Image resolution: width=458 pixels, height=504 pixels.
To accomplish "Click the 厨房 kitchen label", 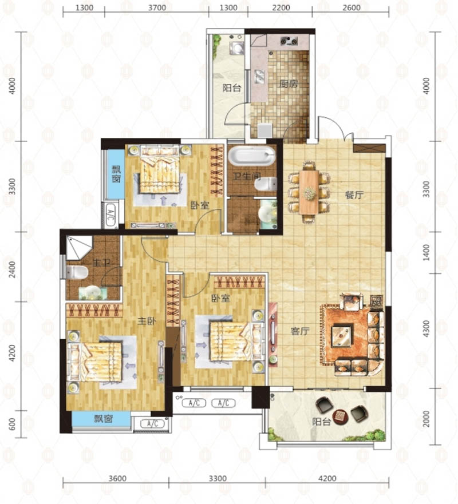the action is coord(289,84).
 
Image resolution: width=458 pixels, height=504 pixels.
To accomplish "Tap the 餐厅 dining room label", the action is coord(354,195).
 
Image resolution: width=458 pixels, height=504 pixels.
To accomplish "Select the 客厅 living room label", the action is coord(300,331).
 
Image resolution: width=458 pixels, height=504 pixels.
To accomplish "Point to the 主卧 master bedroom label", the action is coord(147,321).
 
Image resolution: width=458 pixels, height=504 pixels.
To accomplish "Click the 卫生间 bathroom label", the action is coord(247,176).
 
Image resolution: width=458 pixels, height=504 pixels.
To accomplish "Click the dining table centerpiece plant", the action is coord(309,193).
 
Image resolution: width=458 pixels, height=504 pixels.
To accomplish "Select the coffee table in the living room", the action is coord(342,336).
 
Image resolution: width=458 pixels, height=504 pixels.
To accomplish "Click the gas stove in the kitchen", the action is coord(289,41).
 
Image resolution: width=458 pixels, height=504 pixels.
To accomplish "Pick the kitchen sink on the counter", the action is coord(259,76).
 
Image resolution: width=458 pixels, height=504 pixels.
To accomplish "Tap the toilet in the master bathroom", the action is coord(77,272).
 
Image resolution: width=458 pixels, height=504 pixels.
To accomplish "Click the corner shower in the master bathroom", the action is coord(79,248).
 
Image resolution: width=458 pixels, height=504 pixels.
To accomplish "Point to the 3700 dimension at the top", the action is coord(157,7).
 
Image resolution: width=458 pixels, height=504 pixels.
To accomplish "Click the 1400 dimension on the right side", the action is coord(426,253).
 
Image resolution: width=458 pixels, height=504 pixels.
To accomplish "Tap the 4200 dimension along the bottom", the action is coord(327,479).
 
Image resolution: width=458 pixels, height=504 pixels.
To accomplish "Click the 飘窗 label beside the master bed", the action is coord(103,419).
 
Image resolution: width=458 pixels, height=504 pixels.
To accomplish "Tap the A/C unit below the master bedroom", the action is coord(152,424).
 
